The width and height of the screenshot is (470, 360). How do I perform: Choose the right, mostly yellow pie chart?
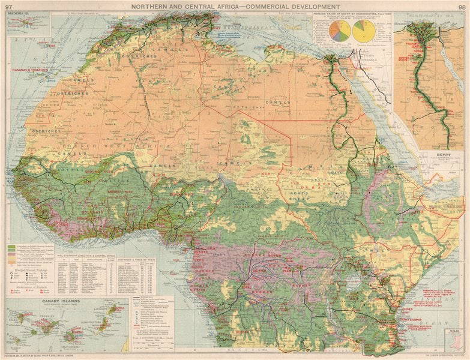(x=364, y=31)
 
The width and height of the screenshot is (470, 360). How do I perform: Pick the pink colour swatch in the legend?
(x=11, y=256)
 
